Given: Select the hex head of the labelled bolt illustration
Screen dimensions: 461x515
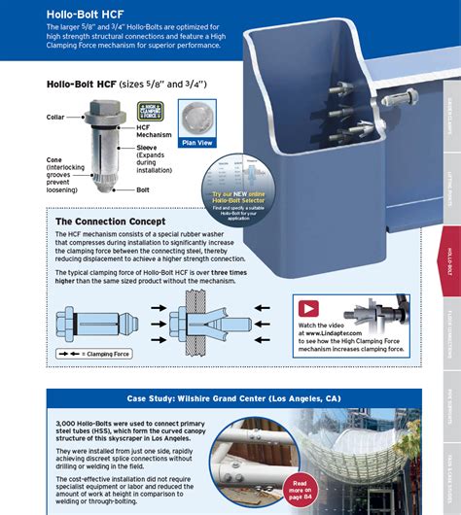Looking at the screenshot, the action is (x=105, y=109).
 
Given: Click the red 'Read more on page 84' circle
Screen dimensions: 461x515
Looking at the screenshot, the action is (x=301, y=488).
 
